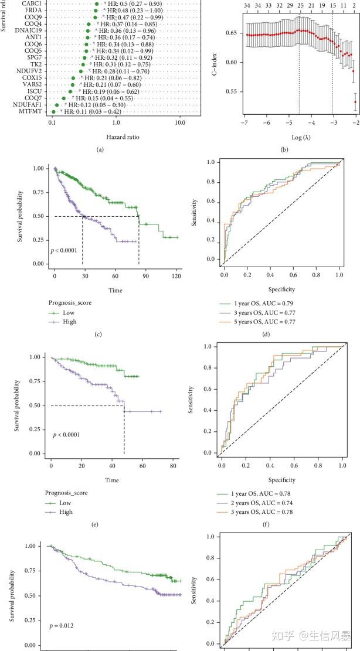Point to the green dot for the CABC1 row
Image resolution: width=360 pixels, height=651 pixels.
pos(97,4)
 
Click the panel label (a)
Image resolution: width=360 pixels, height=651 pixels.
pos(100,150)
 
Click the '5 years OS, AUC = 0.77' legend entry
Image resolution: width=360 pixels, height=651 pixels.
pos(270,322)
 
